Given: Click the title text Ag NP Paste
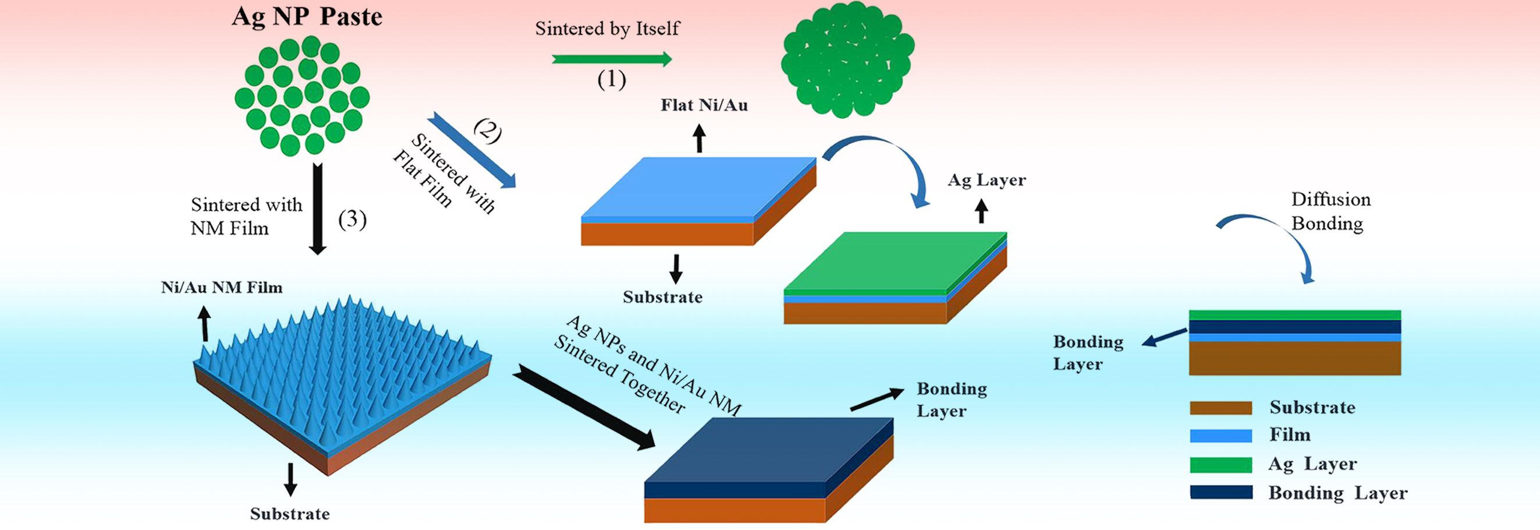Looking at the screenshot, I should (x=307, y=17).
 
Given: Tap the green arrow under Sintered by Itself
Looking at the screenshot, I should (x=611, y=59).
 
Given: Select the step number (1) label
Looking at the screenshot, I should (x=612, y=80).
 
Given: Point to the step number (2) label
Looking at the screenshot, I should (x=487, y=130).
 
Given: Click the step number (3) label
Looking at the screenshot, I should (x=352, y=219).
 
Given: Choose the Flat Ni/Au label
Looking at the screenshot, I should (x=704, y=105).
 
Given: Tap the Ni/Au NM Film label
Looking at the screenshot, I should (x=221, y=288).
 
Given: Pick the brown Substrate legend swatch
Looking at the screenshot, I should (x=1220, y=408).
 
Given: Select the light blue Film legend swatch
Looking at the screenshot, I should (x=1220, y=436).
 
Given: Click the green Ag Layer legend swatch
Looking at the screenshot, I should (x=1220, y=465).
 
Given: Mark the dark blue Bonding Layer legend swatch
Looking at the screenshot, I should (x=1220, y=492).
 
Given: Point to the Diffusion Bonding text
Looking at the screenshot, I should (x=1330, y=211).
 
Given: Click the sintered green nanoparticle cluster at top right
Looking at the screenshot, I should (x=847, y=60).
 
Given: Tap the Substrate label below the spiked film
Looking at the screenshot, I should (x=290, y=514).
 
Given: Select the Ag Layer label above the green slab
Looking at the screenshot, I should (x=987, y=180).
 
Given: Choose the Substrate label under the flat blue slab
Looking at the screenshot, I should (x=662, y=297).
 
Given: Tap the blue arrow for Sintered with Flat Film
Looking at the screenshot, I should (x=471, y=150).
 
